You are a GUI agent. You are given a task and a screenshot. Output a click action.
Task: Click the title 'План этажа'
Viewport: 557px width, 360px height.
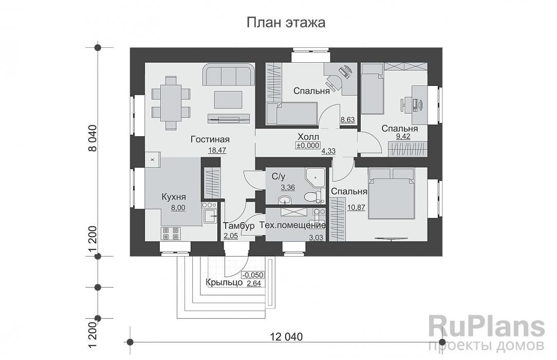click(x=286, y=23)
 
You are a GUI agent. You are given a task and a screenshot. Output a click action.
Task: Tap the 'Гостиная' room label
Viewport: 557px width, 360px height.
click(x=210, y=139)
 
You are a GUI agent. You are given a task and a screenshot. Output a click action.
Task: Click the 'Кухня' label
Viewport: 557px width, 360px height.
click(x=173, y=197)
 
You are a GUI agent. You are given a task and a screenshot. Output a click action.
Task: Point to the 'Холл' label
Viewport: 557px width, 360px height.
click(x=308, y=137)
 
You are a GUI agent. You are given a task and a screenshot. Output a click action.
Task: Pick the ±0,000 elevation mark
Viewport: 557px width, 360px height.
click(x=307, y=146)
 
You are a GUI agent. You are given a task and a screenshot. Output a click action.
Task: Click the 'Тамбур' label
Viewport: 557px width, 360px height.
click(x=239, y=226)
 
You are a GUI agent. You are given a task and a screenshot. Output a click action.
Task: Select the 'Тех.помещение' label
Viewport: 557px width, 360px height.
click(x=292, y=226)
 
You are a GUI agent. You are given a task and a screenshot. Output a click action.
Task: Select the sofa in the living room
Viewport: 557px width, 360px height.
click(x=229, y=75)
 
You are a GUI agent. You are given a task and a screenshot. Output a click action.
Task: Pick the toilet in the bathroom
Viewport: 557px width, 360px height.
click(x=310, y=196)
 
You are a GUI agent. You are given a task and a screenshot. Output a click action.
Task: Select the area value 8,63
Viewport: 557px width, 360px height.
click(x=348, y=120)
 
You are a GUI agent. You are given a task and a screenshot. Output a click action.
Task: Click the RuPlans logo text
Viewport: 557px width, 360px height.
click(x=486, y=327)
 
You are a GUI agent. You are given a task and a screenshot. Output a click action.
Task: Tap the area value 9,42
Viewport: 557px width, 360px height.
click(x=399, y=137)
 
